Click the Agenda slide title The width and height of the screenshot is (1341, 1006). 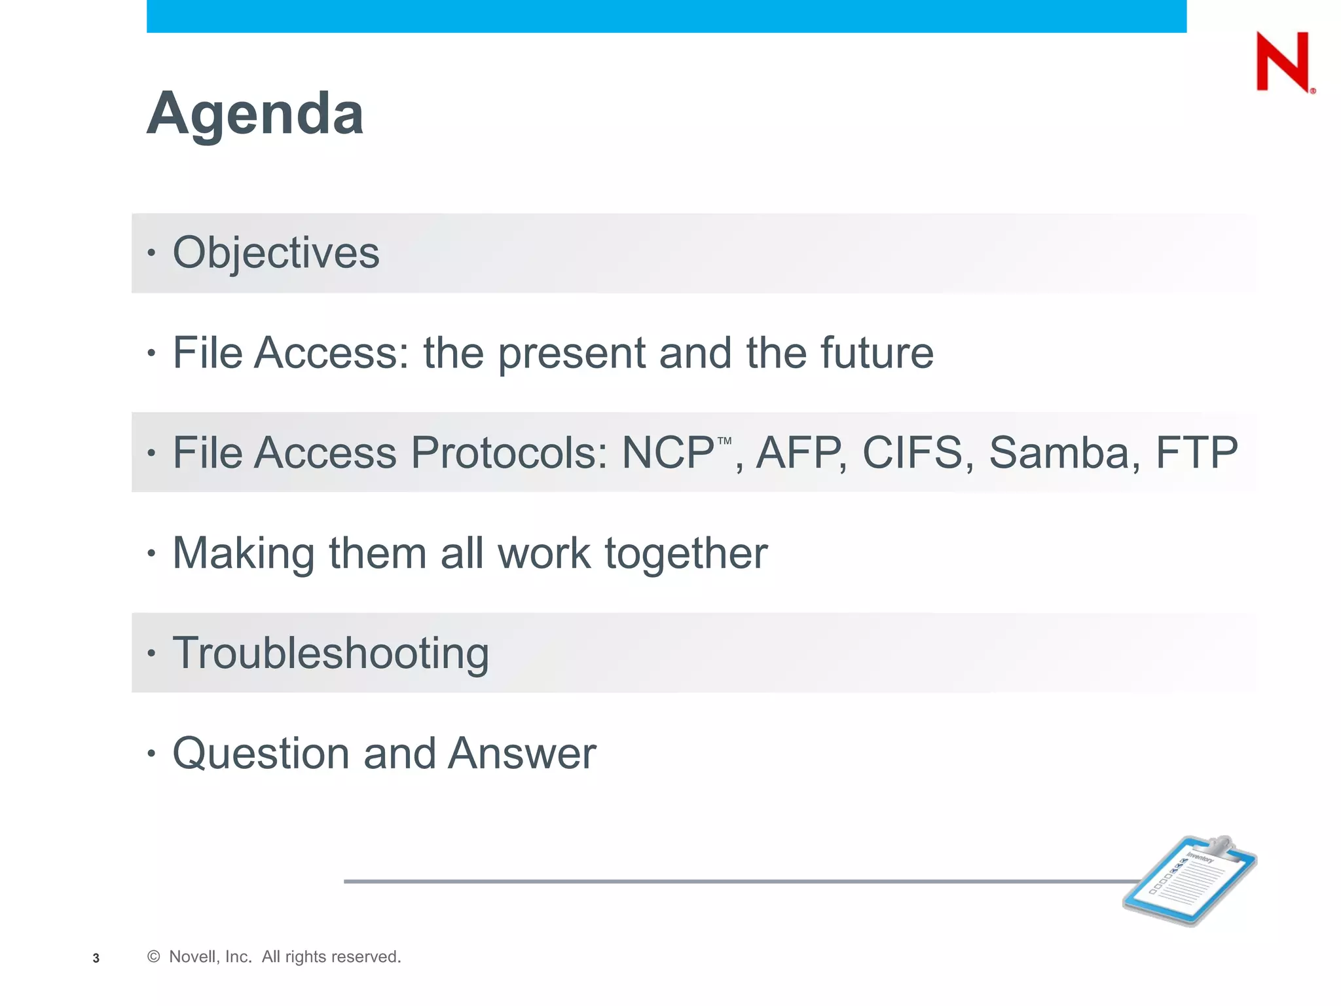[x=255, y=114]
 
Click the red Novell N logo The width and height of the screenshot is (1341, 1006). [x=1283, y=62]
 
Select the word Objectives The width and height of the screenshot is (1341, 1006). [x=276, y=253]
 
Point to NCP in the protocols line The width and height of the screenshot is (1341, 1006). [x=667, y=453]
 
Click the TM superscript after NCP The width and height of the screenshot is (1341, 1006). [x=724, y=441]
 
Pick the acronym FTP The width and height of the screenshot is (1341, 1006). [x=1196, y=453]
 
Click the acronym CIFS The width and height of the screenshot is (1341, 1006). [x=912, y=453]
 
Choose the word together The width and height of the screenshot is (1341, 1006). [x=686, y=554]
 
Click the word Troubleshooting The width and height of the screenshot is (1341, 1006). [x=331, y=654]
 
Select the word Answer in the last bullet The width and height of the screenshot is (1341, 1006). [x=522, y=753]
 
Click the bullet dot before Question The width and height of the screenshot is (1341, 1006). [x=151, y=754]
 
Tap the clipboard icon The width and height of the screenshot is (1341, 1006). [x=1190, y=880]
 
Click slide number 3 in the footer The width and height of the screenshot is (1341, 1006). [x=96, y=958]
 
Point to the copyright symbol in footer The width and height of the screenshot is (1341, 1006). [x=154, y=957]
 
